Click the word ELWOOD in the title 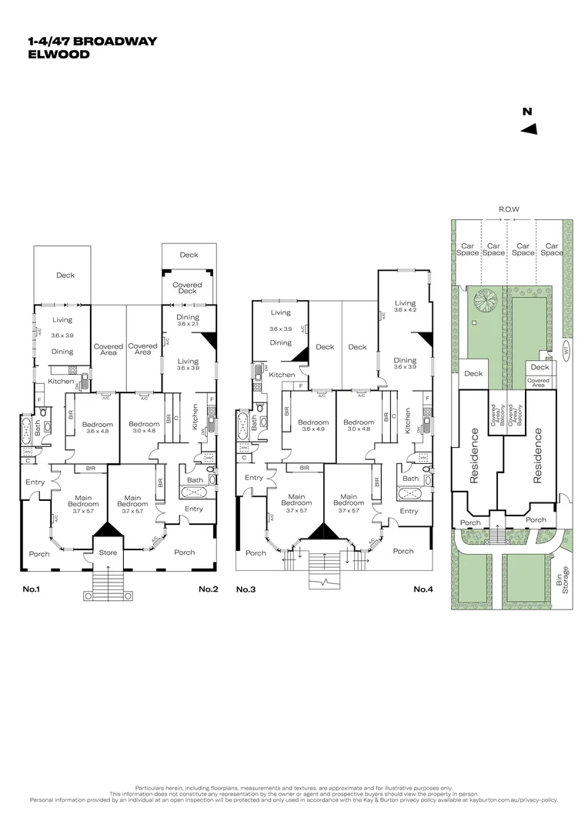[58, 55]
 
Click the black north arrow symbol [529, 129]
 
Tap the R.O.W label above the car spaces [509, 209]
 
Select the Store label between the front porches [106, 552]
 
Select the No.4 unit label [423, 589]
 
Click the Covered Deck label [188, 289]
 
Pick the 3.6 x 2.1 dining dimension [188, 325]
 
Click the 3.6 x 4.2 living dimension [404, 310]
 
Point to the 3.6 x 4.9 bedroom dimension [313, 430]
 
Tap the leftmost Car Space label [467, 249]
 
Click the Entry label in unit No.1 [35, 482]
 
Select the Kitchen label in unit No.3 [281, 375]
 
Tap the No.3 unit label [246, 589]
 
